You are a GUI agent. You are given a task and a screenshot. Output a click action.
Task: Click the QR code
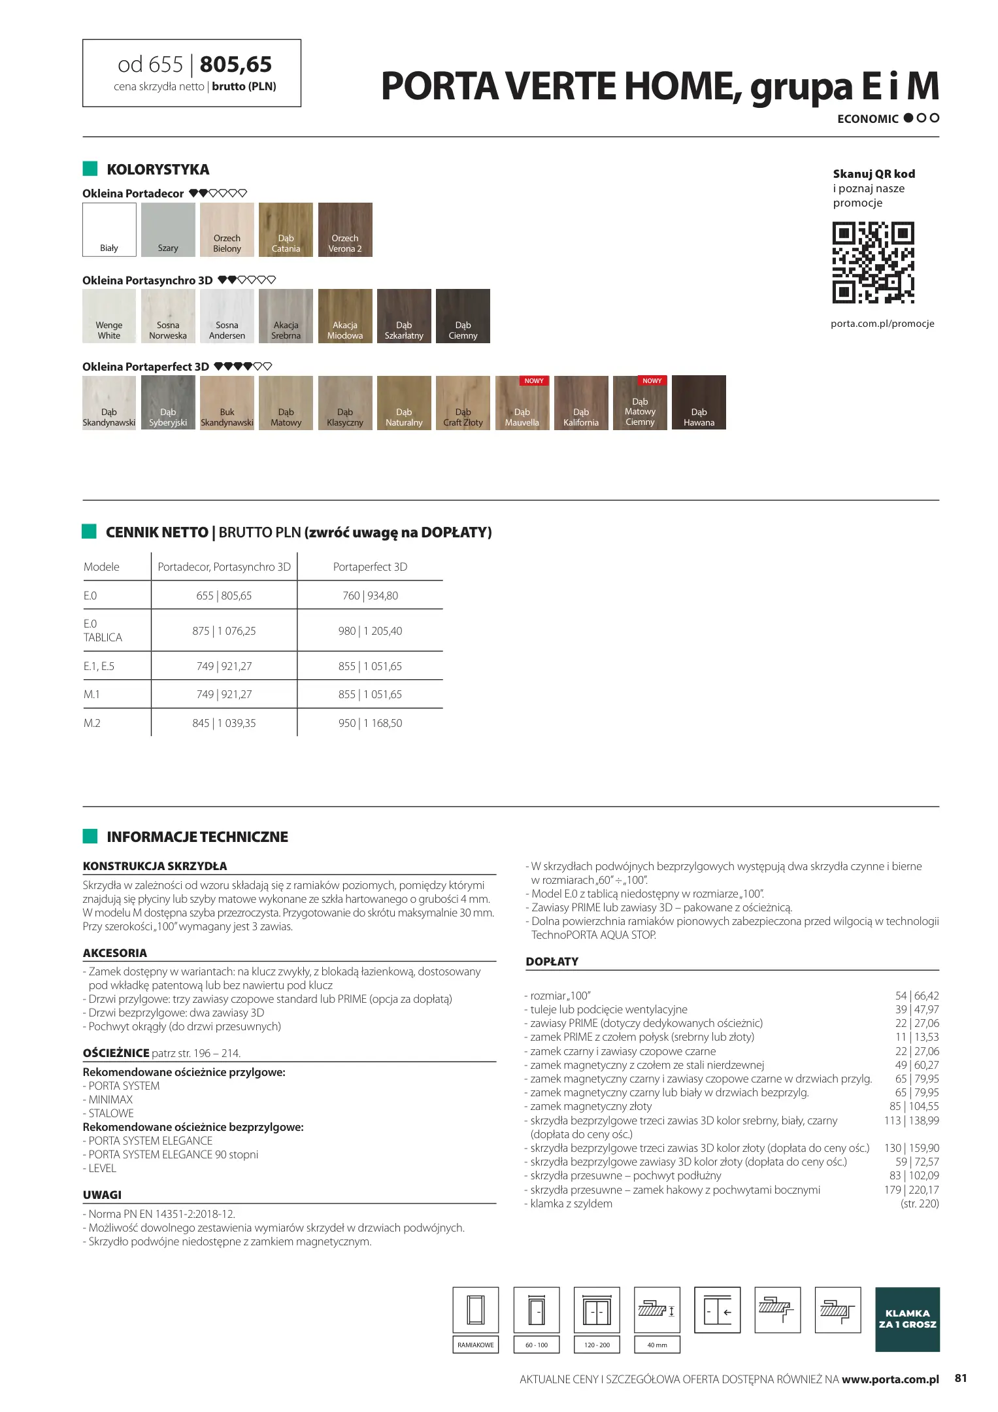click(x=873, y=263)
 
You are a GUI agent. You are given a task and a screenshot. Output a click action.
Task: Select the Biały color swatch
click(x=109, y=229)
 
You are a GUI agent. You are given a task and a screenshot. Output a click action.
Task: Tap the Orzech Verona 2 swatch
click(x=345, y=229)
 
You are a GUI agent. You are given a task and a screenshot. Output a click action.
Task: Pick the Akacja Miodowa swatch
click(x=345, y=316)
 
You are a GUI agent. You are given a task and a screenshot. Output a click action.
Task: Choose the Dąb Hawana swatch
click(x=699, y=403)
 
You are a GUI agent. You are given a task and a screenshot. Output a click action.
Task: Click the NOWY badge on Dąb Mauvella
click(x=534, y=381)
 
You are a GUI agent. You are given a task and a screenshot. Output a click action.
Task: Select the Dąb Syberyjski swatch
click(x=168, y=403)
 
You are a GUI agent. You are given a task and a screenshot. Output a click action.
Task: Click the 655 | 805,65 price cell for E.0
click(x=224, y=596)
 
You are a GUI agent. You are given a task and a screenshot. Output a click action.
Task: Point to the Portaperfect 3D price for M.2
click(x=370, y=723)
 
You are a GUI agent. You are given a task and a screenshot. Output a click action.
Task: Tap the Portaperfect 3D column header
click(x=370, y=567)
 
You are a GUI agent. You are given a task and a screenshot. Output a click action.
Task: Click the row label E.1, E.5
click(x=99, y=666)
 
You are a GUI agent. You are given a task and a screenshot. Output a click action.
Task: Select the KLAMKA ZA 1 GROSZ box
click(x=907, y=1319)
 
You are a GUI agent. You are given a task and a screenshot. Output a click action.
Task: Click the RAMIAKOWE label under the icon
click(x=476, y=1345)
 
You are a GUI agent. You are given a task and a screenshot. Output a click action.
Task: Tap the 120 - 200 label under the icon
click(x=597, y=1345)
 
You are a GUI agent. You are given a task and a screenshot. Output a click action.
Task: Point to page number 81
click(x=960, y=1378)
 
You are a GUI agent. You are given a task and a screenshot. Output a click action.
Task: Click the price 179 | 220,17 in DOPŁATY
click(x=911, y=1190)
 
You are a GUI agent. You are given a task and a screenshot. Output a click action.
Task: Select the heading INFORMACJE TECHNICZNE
click(x=197, y=837)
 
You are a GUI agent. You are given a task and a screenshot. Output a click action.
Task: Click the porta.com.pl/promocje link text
click(x=882, y=324)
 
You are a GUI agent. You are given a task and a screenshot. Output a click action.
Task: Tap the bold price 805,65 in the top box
click(x=235, y=65)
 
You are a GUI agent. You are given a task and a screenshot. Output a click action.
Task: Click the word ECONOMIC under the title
click(x=868, y=119)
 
